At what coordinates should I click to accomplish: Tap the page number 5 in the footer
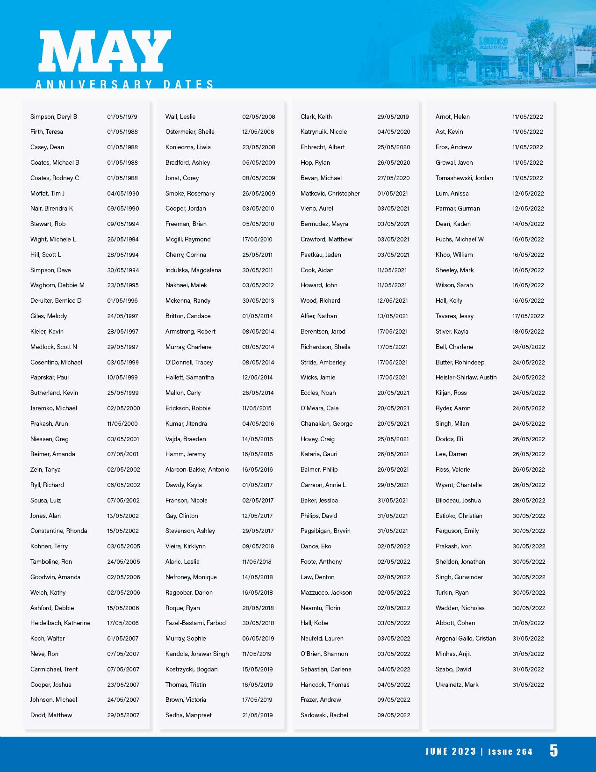point(553,750)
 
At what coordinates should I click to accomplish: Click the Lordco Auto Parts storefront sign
point(493,43)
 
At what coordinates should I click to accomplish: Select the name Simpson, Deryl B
point(54,117)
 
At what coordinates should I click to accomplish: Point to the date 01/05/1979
point(122,117)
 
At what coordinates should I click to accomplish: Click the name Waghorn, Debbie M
point(57,285)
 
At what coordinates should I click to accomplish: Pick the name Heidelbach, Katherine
point(60,623)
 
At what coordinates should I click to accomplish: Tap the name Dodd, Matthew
point(51,715)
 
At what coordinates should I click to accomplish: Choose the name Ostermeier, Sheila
point(190,131)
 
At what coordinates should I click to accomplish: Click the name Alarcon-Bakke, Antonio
point(197,469)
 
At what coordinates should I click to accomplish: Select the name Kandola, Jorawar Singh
point(197,654)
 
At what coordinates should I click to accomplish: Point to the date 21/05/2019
point(257,715)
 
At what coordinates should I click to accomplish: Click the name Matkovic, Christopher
point(330,193)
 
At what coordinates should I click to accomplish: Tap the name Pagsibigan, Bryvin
point(325,531)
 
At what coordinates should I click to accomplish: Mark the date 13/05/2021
point(393,316)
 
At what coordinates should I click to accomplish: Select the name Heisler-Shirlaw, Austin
point(466,377)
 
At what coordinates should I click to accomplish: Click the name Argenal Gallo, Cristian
point(466,638)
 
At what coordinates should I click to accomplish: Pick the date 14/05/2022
point(528,224)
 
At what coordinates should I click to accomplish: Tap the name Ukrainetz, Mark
point(457,685)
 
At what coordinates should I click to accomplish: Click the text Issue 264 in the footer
point(510,752)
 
